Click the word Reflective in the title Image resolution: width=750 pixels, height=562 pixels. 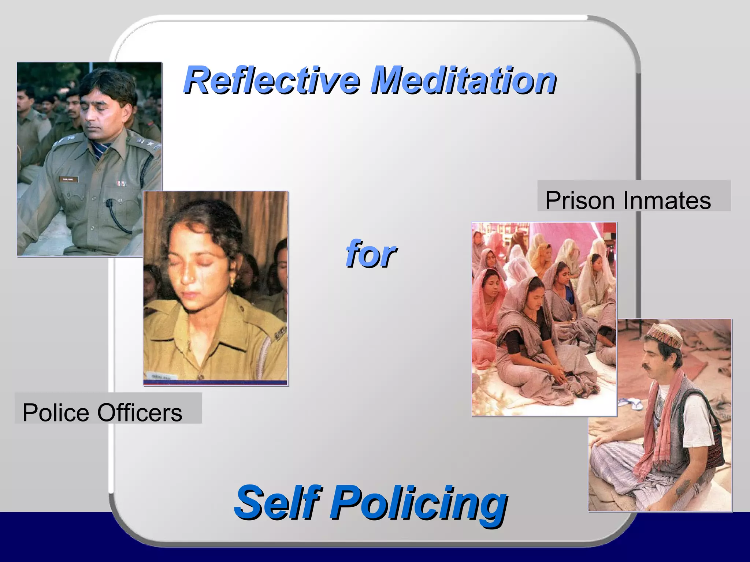[272, 80]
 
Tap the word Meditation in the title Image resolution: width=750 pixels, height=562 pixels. [463, 80]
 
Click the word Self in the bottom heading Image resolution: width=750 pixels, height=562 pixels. [278, 502]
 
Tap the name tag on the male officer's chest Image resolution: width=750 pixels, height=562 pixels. [68, 179]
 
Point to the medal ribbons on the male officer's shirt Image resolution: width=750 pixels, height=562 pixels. [121, 183]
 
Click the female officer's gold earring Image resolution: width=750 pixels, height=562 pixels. [232, 281]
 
